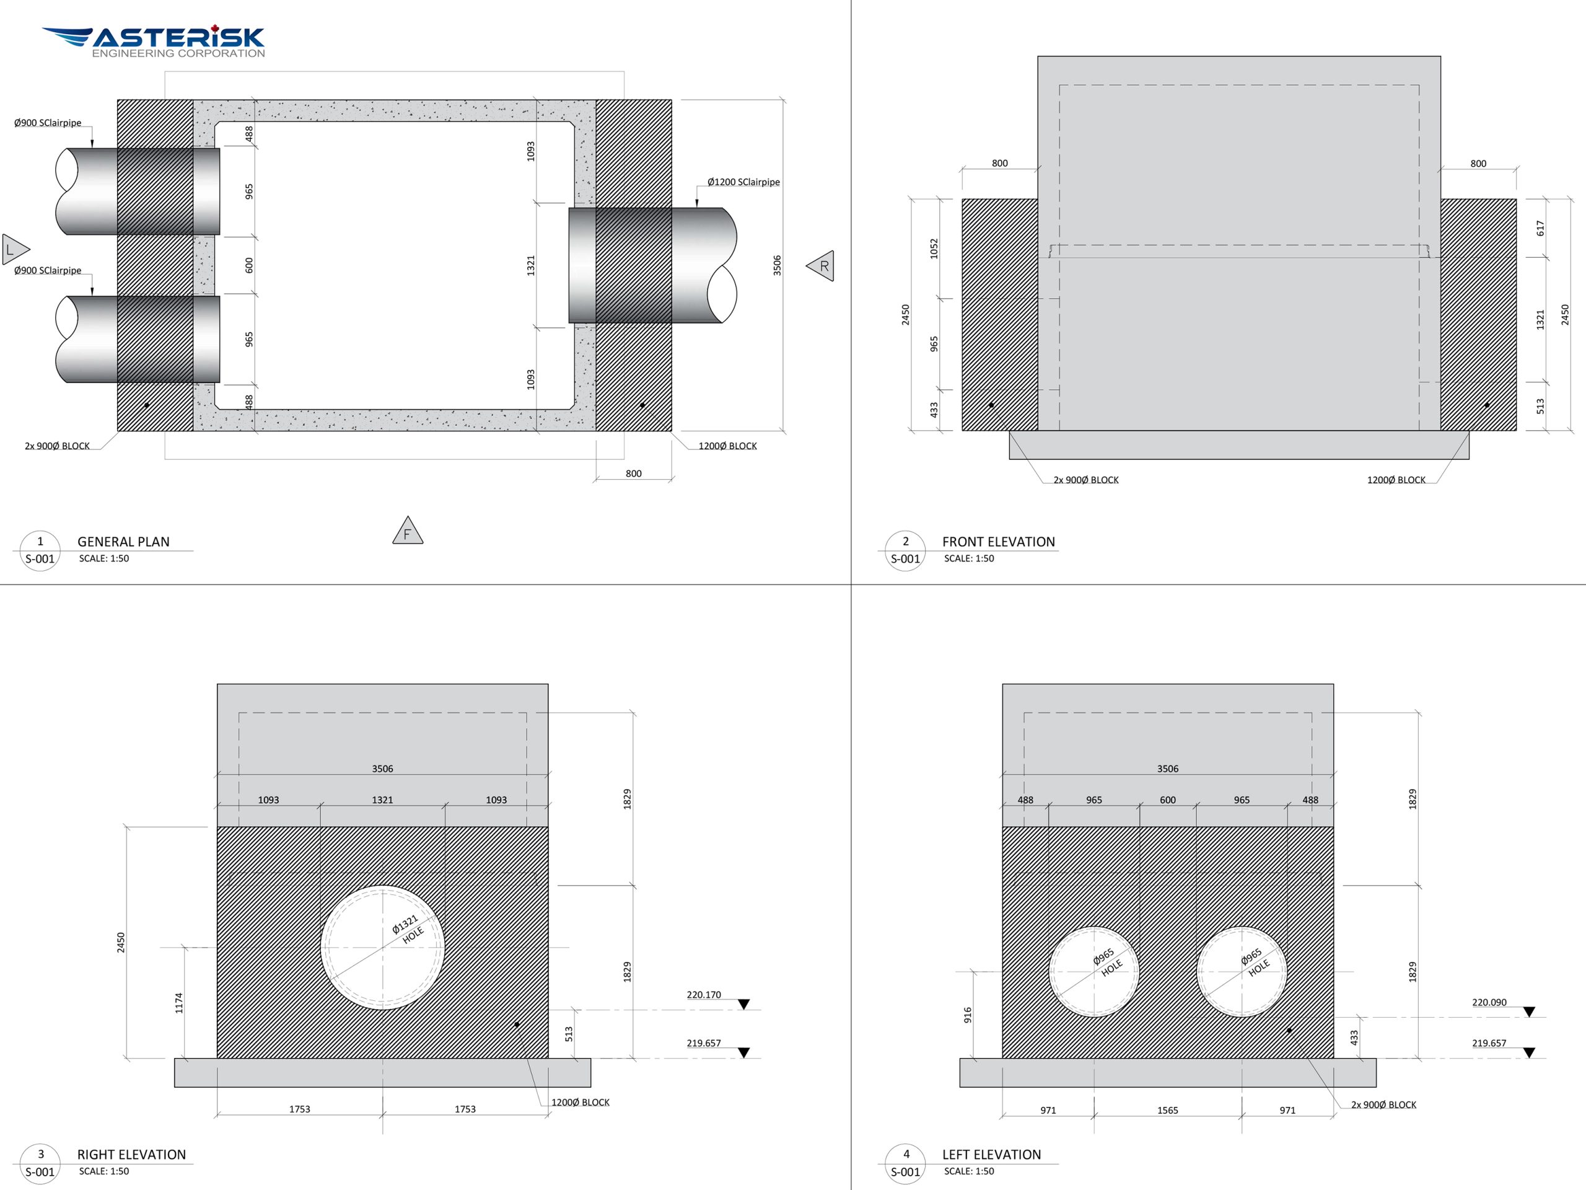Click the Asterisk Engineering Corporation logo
pos(154,42)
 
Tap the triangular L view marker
pos(14,250)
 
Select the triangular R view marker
pos(821,266)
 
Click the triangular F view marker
pos(407,532)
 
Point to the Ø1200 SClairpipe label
pos(743,182)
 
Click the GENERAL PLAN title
pos(123,542)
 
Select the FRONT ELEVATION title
pos(998,542)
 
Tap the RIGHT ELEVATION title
pos(131,1154)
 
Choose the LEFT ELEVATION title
pos(991,1154)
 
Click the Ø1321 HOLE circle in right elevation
pos(382,948)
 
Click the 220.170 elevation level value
pos(703,995)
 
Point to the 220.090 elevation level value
pos(1489,1002)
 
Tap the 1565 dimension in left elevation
pos(1167,1111)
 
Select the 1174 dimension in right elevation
pos(179,1003)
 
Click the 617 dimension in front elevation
pos(1540,228)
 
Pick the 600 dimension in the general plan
pos(249,265)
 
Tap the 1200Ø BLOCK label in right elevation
pos(580,1103)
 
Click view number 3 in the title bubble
pos(41,1154)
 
